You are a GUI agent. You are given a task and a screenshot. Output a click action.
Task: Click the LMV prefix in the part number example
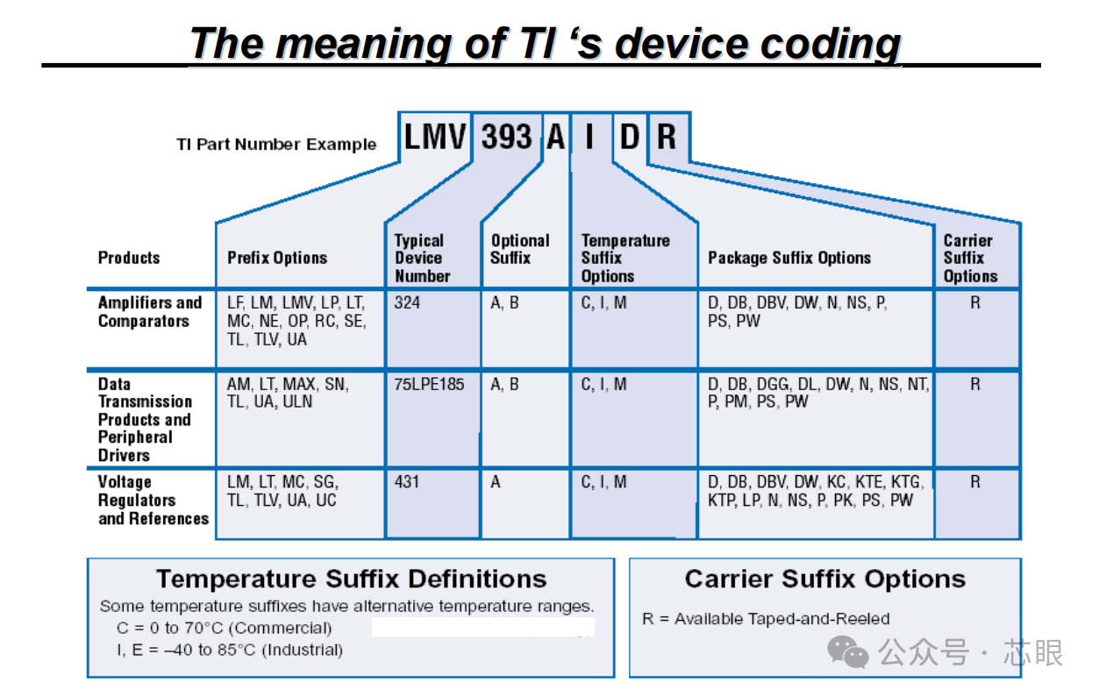click(435, 137)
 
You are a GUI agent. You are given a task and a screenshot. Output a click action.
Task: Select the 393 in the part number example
click(507, 137)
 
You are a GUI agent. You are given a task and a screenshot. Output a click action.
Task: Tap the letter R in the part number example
click(667, 137)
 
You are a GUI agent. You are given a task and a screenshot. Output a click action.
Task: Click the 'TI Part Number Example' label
click(276, 145)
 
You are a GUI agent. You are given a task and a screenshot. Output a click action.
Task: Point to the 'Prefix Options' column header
click(277, 258)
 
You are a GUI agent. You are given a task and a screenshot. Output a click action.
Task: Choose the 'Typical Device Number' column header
click(422, 258)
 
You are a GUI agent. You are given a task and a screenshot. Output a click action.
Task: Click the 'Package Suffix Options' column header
click(789, 258)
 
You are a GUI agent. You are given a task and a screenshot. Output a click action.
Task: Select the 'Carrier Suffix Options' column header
click(970, 258)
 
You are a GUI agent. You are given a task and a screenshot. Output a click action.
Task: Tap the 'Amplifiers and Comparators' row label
click(149, 312)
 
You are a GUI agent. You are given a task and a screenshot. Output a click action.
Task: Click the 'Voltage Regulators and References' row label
click(153, 501)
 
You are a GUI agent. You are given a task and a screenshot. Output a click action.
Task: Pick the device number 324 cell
click(407, 303)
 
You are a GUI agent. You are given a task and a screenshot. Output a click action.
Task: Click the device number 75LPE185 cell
click(430, 384)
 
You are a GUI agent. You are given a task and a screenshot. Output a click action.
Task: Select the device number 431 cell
click(407, 482)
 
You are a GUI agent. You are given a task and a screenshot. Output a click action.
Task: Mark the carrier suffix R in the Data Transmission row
click(975, 384)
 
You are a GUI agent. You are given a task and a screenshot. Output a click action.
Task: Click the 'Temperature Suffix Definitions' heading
click(351, 580)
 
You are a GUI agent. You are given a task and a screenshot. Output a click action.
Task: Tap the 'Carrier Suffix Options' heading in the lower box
click(824, 580)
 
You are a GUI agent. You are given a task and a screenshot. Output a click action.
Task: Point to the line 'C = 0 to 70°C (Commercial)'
click(225, 629)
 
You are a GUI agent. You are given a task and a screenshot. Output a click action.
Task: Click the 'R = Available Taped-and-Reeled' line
click(766, 619)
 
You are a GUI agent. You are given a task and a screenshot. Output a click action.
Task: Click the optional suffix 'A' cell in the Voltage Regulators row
click(496, 482)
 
